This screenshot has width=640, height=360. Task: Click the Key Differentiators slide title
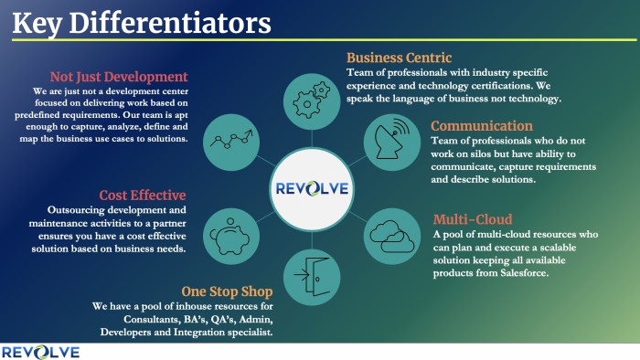(x=142, y=21)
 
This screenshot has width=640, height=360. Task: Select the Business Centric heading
(x=400, y=58)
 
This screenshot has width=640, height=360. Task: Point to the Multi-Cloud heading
(x=473, y=219)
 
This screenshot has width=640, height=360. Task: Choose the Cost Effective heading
(x=143, y=195)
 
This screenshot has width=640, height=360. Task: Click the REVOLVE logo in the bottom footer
(x=40, y=352)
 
